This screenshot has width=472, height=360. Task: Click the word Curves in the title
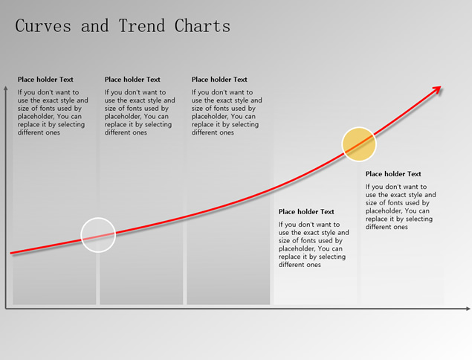tap(43, 25)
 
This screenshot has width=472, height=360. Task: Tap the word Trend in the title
tap(142, 25)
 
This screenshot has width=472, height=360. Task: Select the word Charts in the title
tap(202, 25)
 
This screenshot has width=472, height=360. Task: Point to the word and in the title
tap(95, 25)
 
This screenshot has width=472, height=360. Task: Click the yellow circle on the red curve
tap(359, 144)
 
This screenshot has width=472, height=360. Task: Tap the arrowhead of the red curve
tap(436, 90)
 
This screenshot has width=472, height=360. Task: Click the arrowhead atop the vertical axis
tap(5, 88)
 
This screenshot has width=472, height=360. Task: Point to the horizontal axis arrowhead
tap(468, 309)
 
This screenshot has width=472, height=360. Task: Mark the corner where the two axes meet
tap(6, 309)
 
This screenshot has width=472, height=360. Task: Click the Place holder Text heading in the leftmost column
tap(45, 80)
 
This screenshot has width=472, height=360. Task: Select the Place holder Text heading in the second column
tap(132, 80)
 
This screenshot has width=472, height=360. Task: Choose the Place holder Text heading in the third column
tap(219, 80)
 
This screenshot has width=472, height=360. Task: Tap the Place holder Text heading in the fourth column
tap(306, 212)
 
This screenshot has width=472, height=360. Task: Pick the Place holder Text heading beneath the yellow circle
tap(393, 174)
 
